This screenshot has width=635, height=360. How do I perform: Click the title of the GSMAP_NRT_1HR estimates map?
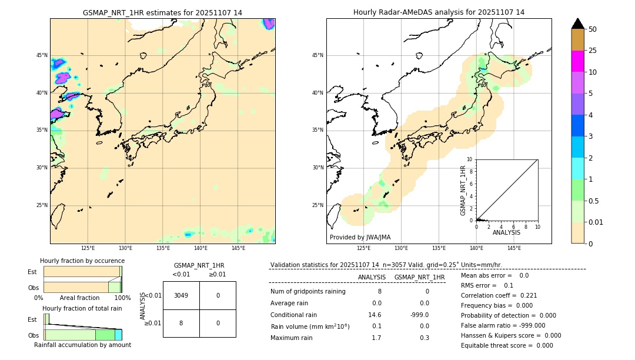click(162, 12)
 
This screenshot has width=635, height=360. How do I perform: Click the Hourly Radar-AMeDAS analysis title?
click(439, 12)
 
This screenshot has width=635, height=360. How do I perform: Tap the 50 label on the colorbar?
click(593, 29)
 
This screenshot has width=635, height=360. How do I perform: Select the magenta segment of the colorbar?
click(577, 61)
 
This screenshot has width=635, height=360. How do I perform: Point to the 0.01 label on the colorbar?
click(596, 222)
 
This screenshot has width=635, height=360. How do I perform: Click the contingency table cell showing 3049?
click(181, 295)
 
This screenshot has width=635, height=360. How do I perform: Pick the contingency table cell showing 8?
click(181, 323)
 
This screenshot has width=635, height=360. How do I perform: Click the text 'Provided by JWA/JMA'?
click(360, 238)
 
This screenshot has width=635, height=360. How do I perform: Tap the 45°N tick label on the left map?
click(42, 55)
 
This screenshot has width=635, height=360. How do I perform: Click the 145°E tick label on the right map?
click(514, 248)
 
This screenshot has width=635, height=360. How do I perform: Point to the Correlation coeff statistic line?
click(499, 295)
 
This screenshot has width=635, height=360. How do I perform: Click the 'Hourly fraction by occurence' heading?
click(82, 261)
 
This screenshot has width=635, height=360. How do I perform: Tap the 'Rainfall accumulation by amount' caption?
click(82, 345)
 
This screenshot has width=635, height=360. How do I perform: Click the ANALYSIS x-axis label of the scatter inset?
click(506, 233)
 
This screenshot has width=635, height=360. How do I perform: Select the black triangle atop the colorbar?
click(577, 24)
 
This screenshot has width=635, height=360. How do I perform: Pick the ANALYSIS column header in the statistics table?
click(372, 277)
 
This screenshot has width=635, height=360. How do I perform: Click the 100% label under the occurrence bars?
click(122, 298)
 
